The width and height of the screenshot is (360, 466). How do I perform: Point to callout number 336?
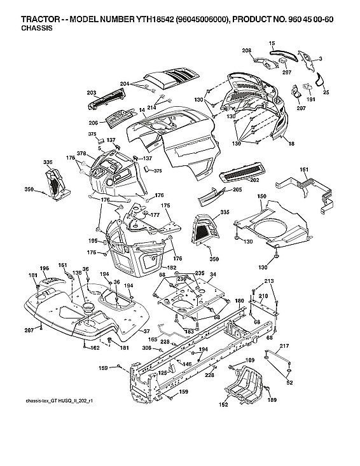(x=48, y=163)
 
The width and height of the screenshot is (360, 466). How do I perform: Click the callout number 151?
(x=304, y=169)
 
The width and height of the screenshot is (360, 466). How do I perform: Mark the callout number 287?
(x=28, y=331)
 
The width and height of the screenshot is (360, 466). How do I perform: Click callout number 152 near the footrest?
(x=224, y=404)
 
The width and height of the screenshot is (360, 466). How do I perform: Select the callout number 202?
(x=254, y=180)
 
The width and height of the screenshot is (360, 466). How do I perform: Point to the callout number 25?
(x=326, y=92)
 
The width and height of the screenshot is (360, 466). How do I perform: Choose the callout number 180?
(x=239, y=300)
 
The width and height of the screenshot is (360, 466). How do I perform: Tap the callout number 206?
(x=93, y=122)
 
